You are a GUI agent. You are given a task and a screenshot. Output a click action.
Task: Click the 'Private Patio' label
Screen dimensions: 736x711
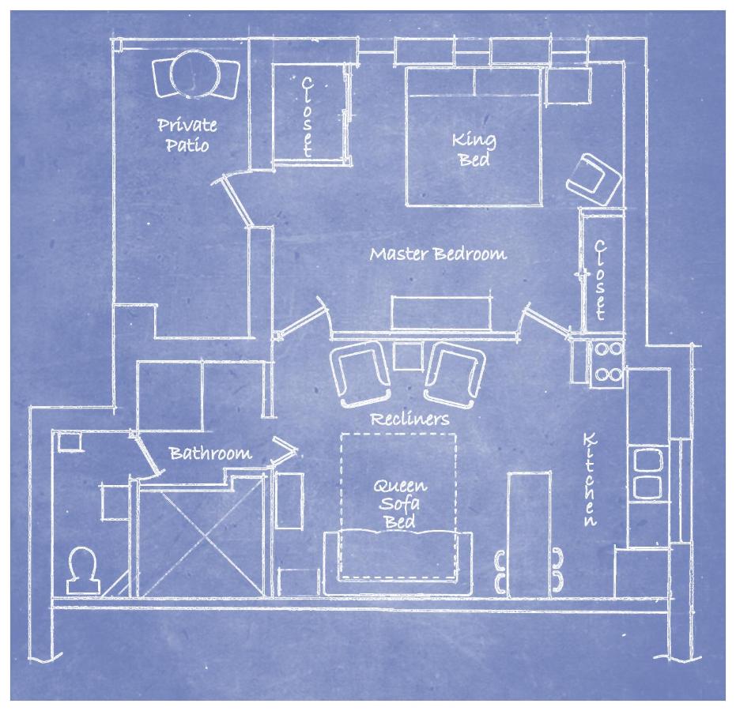click(187, 135)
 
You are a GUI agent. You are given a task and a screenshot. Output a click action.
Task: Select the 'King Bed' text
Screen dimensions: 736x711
click(474, 149)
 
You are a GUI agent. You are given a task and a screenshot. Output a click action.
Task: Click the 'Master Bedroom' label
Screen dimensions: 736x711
click(438, 254)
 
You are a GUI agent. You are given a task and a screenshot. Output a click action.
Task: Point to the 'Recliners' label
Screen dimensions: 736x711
click(410, 419)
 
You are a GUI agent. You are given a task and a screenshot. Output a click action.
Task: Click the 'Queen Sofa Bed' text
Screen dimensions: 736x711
click(400, 504)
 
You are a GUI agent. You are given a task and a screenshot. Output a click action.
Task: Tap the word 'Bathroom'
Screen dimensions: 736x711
click(210, 453)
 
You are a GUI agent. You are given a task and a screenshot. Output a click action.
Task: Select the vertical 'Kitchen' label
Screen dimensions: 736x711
click(590, 480)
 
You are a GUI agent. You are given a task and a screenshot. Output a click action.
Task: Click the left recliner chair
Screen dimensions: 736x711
click(360, 374)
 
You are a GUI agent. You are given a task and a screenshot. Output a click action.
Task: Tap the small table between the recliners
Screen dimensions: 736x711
click(408, 356)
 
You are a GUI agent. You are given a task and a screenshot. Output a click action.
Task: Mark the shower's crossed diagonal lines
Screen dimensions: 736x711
click(201, 539)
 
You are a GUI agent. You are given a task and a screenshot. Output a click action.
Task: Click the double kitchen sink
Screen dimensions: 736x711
click(648, 473)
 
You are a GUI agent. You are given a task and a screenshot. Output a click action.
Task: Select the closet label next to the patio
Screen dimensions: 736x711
click(307, 116)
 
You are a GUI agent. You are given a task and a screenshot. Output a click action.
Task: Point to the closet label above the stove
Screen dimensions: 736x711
click(600, 280)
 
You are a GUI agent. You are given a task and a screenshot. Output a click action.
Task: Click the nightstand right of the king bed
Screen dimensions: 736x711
click(568, 85)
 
